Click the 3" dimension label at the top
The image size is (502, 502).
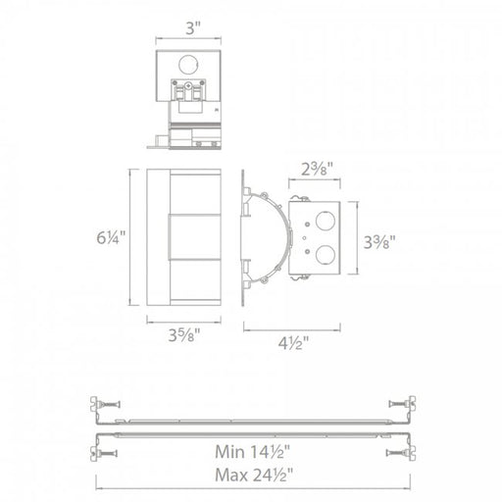[193, 28]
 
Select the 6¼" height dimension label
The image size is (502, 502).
[111, 237]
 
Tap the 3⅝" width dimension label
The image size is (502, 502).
[184, 335]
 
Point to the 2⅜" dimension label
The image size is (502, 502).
[317, 169]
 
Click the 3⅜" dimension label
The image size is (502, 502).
[379, 242]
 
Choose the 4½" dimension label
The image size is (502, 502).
[293, 343]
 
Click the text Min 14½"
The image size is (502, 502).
[252, 452]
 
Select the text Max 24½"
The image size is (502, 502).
[254, 475]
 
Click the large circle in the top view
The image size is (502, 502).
[188, 65]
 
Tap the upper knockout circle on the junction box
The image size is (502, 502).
[326, 222]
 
